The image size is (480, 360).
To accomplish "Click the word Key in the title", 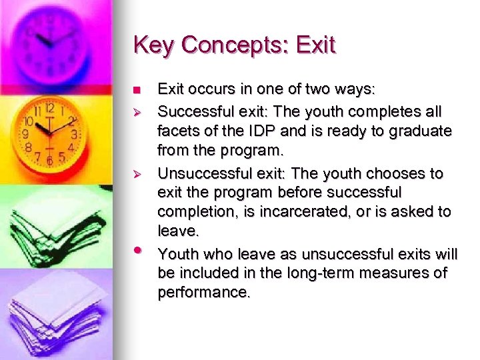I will tap(152, 45).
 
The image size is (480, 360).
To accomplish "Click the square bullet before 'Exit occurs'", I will tap(137, 90).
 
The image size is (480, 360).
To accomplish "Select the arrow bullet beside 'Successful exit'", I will tap(137, 110).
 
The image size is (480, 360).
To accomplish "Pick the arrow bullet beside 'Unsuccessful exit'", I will tap(137, 174).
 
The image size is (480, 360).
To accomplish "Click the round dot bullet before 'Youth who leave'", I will tap(137, 250).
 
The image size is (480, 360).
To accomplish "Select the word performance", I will tap(203, 293).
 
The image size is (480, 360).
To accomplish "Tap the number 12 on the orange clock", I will tap(49, 108).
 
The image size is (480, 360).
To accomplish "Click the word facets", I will tap(178, 131).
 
